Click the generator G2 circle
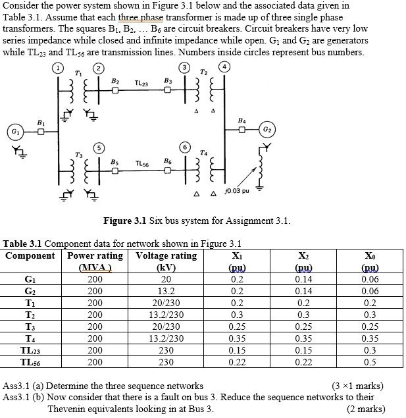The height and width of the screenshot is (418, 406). tap(268, 130)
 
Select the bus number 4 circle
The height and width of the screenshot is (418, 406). tap(226, 67)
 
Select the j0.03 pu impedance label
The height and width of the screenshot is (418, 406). tap(237, 191)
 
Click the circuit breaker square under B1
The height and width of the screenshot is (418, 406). tap(41, 132)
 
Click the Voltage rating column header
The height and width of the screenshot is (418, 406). tap(166, 255)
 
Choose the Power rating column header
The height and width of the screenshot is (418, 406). tap(96, 255)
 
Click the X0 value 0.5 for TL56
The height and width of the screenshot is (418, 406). tap(370, 362)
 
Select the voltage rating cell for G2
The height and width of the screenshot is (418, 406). tap(166, 291)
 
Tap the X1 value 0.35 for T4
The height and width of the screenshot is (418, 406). tap(236, 338)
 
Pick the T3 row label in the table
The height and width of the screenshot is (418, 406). tap(28, 327)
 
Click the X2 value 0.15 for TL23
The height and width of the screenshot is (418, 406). tap(303, 350)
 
